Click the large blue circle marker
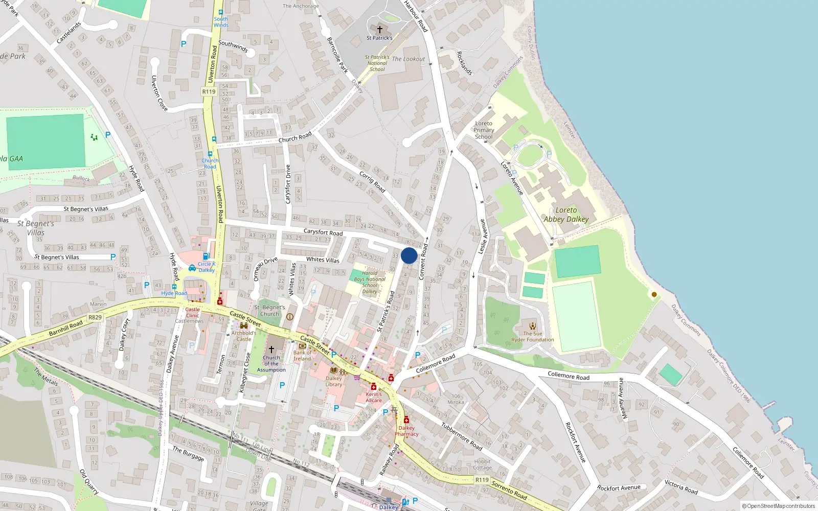pyautogui.click(x=409, y=255)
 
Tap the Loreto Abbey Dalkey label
pyautogui.click(x=566, y=215)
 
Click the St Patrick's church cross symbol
pyautogui.click(x=379, y=30)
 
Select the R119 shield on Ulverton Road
pyautogui.click(x=209, y=91)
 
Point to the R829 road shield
pyautogui.click(x=95, y=317)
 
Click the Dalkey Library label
pyautogui.click(x=334, y=381)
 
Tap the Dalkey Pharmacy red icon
pyautogui.click(x=406, y=421)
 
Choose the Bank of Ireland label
pyautogui.click(x=302, y=356)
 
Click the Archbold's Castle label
pyautogui.click(x=244, y=336)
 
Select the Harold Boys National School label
pyautogui.click(x=370, y=282)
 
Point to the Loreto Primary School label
pyautogui.click(x=484, y=130)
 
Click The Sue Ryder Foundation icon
pyautogui.click(x=533, y=326)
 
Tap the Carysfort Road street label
pyautogui.click(x=323, y=232)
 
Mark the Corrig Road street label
pyautogui.click(x=372, y=181)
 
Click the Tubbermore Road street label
pyautogui.click(x=462, y=437)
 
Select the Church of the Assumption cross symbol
pyautogui.click(x=271, y=349)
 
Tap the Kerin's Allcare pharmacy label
pyautogui.click(x=374, y=397)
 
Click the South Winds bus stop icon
pyautogui.click(x=221, y=12)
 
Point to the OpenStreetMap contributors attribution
pyautogui.click(x=779, y=506)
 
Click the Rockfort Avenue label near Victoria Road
pyautogui.click(x=619, y=488)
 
